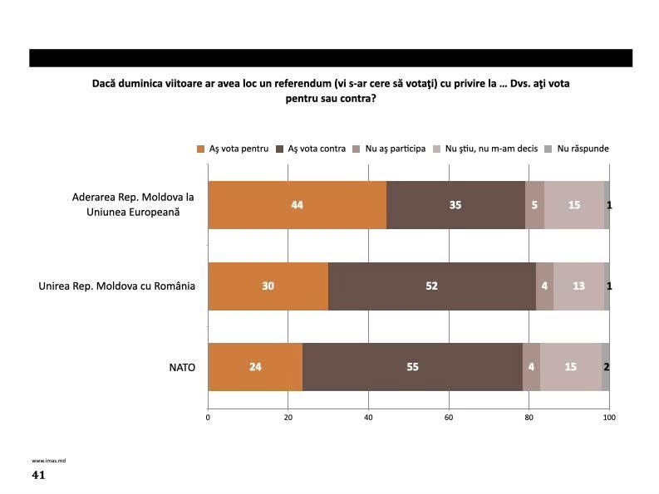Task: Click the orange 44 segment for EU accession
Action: (297, 204)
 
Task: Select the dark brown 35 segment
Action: (455, 204)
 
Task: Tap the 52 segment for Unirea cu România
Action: (432, 286)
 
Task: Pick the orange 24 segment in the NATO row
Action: (255, 366)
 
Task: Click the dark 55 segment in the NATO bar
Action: (412, 366)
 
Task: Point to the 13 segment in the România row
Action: (578, 286)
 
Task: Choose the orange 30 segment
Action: (268, 286)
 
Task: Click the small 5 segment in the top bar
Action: (534, 204)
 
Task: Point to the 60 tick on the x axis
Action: (449, 417)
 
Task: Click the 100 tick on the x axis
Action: (609, 417)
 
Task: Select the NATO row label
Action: (182, 366)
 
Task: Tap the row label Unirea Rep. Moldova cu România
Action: (117, 286)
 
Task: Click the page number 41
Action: (38, 476)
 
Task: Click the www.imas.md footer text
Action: (45, 460)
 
